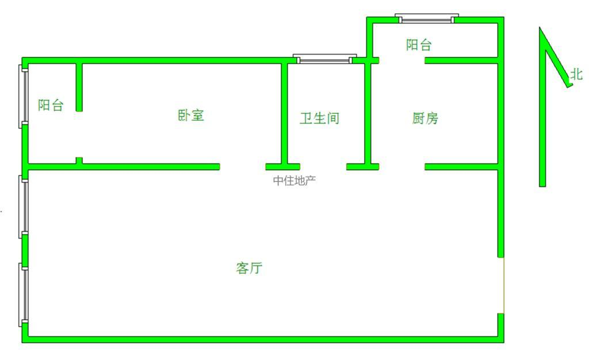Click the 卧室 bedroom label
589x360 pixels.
tap(190, 115)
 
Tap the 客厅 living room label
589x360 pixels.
tap(250, 268)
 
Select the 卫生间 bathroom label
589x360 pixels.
tap(319, 118)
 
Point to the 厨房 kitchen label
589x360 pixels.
tap(426, 118)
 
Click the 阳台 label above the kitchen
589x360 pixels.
tap(419, 45)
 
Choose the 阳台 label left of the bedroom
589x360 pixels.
tap(51, 105)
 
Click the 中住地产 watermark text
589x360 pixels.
tap(294, 181)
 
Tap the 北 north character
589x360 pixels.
tap(576, 74)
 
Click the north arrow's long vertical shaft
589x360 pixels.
tap(542, 115)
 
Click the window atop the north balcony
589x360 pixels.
tap(427, 18)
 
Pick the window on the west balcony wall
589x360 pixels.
tap(24, 96)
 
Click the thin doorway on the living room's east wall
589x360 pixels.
tap(502, 285)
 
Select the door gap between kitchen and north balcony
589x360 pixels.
tap(401, 60)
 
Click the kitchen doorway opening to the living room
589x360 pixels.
tap(401, 167)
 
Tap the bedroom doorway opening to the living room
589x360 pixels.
tap(242, 167)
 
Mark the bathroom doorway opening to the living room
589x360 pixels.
tap(322, 167)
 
